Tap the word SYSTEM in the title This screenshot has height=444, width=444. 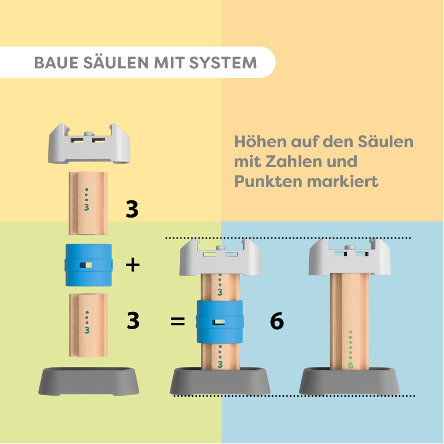pyautogui.click(x=223, y=63)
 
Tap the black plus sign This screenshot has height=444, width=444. pyautogui.click(x=133, y=265)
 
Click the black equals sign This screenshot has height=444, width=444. pyautogui.click(x=178, y=321)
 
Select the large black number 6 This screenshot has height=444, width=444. pyautogui.click(x=276, y=321)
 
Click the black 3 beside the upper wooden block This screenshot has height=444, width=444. pyautogui.click(x=132, y=209)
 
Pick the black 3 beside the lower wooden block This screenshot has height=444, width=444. pyautogui.click(x=133, y=320)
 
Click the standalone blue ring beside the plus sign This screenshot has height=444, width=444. pyautogui.click(x=89, y=265)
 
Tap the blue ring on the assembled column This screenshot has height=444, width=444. pyautogui.click(x=220, y=322)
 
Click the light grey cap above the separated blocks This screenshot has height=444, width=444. pyautogui.click(x=89, y=144)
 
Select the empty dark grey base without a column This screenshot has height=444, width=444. pyautogui.click(x=89, y=381)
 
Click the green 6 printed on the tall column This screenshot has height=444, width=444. pyautogui.click(x=351, y=366)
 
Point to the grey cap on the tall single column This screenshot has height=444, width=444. pyautogui.click(x=350, y=257)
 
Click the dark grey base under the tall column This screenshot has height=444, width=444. pyautogui.click(x=350, y=381)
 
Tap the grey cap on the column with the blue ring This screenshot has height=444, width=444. pyautogui.click(x=220, y=257)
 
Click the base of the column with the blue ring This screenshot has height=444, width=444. pyautogui.click(x=220, y=381)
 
